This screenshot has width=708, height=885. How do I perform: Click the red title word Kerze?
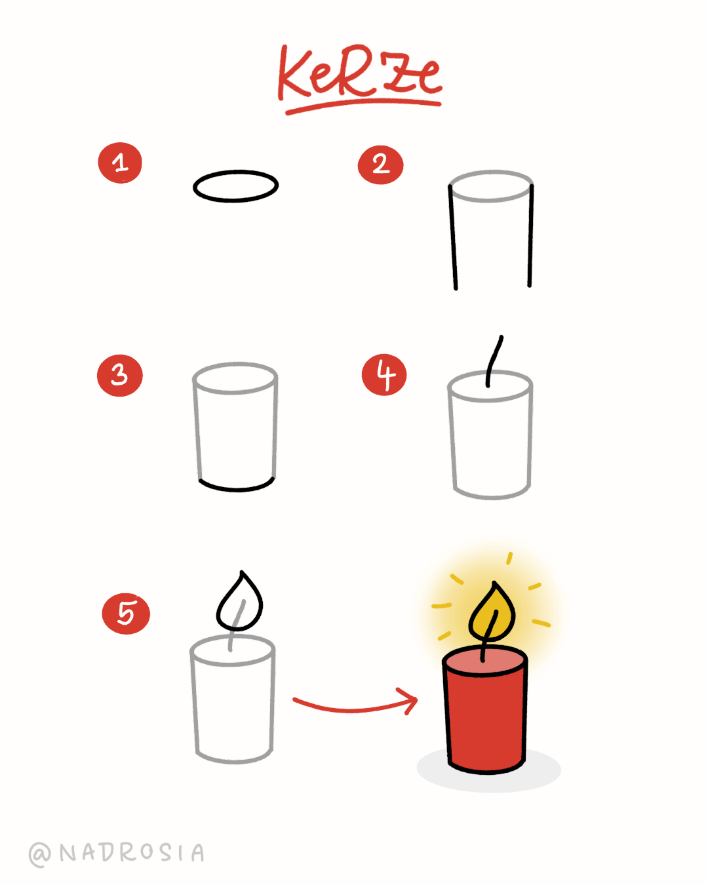click(359, 73)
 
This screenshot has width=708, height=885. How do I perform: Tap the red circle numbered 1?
click(120, 163)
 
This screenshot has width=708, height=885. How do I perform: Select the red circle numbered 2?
click(380, 165)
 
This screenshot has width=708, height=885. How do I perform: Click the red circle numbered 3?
click(119, 376)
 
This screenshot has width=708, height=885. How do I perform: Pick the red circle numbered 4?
click(384, 375)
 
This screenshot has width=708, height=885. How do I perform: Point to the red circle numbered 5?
click(126, 614)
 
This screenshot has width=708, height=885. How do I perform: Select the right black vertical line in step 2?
click(530, 236)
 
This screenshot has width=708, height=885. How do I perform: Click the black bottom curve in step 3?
click(236, 488)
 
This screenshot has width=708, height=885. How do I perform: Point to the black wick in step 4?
click(493, 361)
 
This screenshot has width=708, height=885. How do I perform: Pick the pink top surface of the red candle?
click(485, 659)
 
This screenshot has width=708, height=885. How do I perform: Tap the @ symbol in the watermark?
click(40, 854)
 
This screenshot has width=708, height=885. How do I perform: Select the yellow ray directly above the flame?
click(509, 558)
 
